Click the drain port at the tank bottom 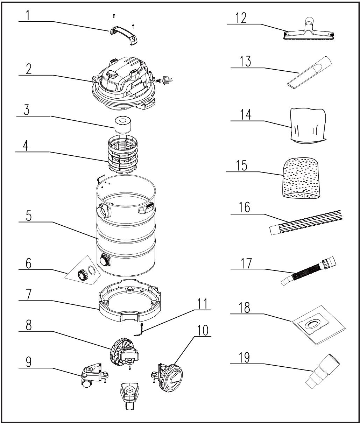click(105, 261)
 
